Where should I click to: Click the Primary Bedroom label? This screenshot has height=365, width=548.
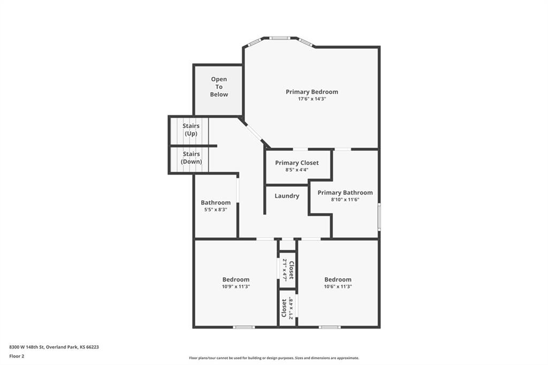(312, 92)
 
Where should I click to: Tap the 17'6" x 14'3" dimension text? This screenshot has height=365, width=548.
(312, 99)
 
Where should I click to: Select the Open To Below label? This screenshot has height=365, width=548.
(219, 87)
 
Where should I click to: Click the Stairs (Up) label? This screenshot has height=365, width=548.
(191, 130)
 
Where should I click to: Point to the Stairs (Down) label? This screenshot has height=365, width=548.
(191, 158)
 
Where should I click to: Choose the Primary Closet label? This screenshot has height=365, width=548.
(296, 163)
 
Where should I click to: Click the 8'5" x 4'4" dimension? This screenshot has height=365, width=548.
(296, 170)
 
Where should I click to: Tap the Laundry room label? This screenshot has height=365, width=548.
(287, 196)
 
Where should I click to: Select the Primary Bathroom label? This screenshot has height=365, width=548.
(345, 193)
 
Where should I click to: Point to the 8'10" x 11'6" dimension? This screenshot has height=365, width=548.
(345, 200)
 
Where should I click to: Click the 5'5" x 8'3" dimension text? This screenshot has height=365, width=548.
(216, 209)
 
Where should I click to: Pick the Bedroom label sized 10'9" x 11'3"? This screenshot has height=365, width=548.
(236, 279)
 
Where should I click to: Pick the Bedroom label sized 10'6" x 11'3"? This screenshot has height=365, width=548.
(338, 279)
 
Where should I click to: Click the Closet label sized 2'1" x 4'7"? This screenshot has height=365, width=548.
(291, 270)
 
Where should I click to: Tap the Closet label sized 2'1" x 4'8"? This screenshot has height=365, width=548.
(284, 308)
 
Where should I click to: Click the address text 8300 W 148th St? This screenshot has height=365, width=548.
(26, 347)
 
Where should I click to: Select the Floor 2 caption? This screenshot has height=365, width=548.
(17, 356)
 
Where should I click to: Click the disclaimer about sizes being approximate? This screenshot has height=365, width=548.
(274, 358)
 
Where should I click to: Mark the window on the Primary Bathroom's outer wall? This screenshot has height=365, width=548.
(379, 217)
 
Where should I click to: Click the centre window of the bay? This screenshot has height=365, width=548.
(279, 38)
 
